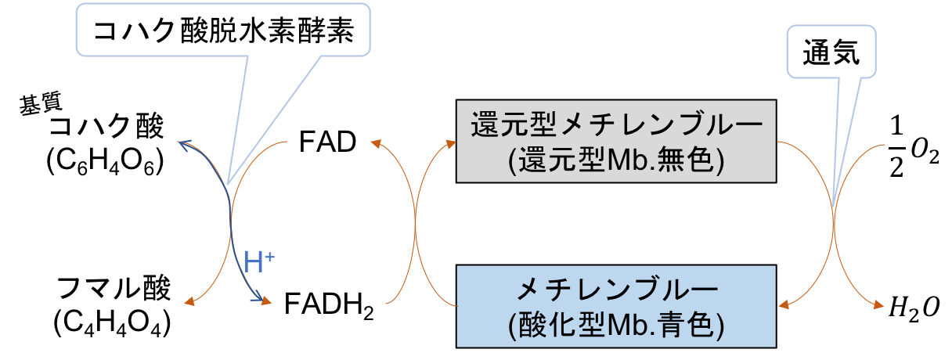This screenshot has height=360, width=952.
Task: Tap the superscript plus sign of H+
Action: click(269, 255)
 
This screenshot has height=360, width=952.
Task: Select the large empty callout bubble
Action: click(222, 30)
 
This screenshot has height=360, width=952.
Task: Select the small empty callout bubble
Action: click(831, 51)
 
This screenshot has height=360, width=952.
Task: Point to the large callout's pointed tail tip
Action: click(227, 185)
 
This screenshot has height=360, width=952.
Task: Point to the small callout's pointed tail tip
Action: click(834, 205)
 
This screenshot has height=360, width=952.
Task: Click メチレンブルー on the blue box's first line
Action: click(617, 291)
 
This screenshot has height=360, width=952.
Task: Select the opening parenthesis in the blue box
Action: click(513, 325)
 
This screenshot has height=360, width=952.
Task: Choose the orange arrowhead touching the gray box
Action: click(451, 144)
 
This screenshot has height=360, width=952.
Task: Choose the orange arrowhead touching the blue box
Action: click(782, 304)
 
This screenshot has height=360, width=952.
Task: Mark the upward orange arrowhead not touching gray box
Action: click(375, 144)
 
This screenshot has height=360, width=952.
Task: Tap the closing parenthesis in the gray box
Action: click(725, 160)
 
